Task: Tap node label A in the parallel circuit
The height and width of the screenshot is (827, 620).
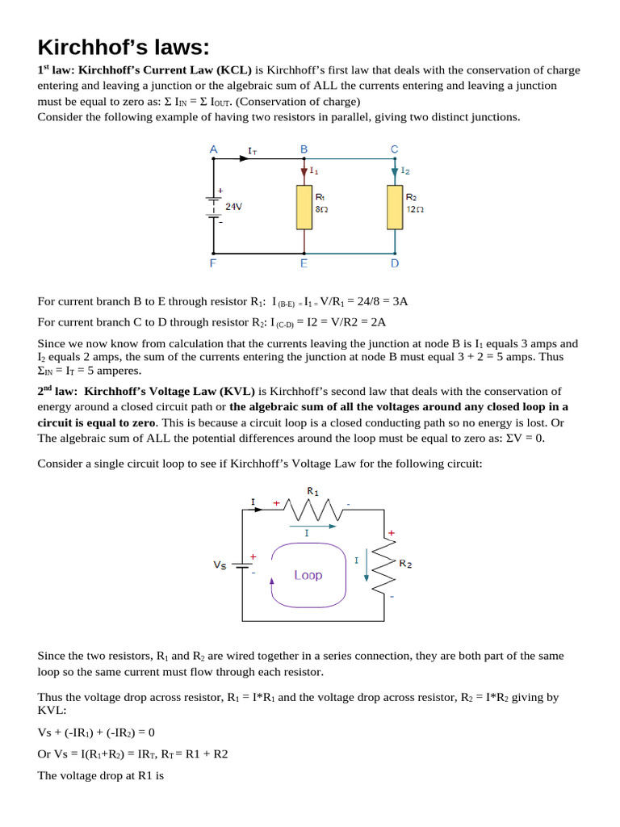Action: click(x=213, y=149)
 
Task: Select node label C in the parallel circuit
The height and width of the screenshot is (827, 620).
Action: click(x=394, y=149)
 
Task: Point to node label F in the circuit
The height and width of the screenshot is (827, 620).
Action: click(x=213, y=262)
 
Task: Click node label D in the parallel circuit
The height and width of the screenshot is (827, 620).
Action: click(x=394, y=262)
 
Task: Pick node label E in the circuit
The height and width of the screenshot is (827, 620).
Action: click(x=304, y=262)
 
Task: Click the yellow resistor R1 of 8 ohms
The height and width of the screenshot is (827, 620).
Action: click(x=304, y=207)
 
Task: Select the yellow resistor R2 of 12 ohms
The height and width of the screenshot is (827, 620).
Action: click(x=395, y=207)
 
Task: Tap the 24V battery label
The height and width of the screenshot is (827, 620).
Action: click(x=233, y=207)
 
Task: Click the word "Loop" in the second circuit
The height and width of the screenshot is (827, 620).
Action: click(x=308, y=575)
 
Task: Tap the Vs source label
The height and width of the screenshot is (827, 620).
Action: click(x=220, y=565)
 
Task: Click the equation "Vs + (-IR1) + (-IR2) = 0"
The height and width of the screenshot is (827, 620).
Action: click(x=96, y=733)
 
